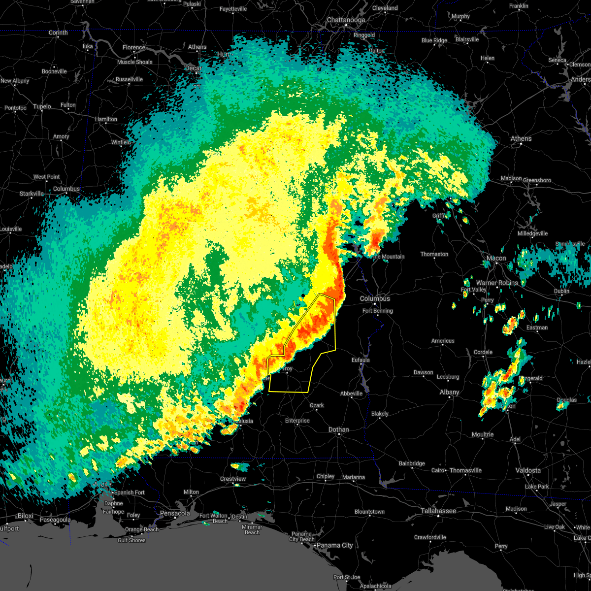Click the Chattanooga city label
click(x=346, y=20)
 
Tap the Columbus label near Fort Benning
click(x=375, y=298)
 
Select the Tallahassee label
click(x=438, y=511)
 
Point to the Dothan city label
click(x=338, y=429)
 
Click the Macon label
click(x=496, y=258)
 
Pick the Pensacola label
click(x=175, y=513)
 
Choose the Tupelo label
click(x=42, y=106)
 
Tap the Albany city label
click(x=449, y=392)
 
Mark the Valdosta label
click(x=527, y=470)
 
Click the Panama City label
click(x=334, y=545)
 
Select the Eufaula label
click(x=361, y=360)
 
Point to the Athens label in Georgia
click(x=521, y=138)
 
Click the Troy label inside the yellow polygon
click(x=287, y=368)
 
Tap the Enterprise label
click(x=297, y=421)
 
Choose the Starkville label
click(x=32, y=194)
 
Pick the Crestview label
click(x=233, y=479)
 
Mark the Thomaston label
click(x=434, y=254)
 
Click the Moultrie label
click(x=483, y=434)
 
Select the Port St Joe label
click(x=347, y=577)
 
